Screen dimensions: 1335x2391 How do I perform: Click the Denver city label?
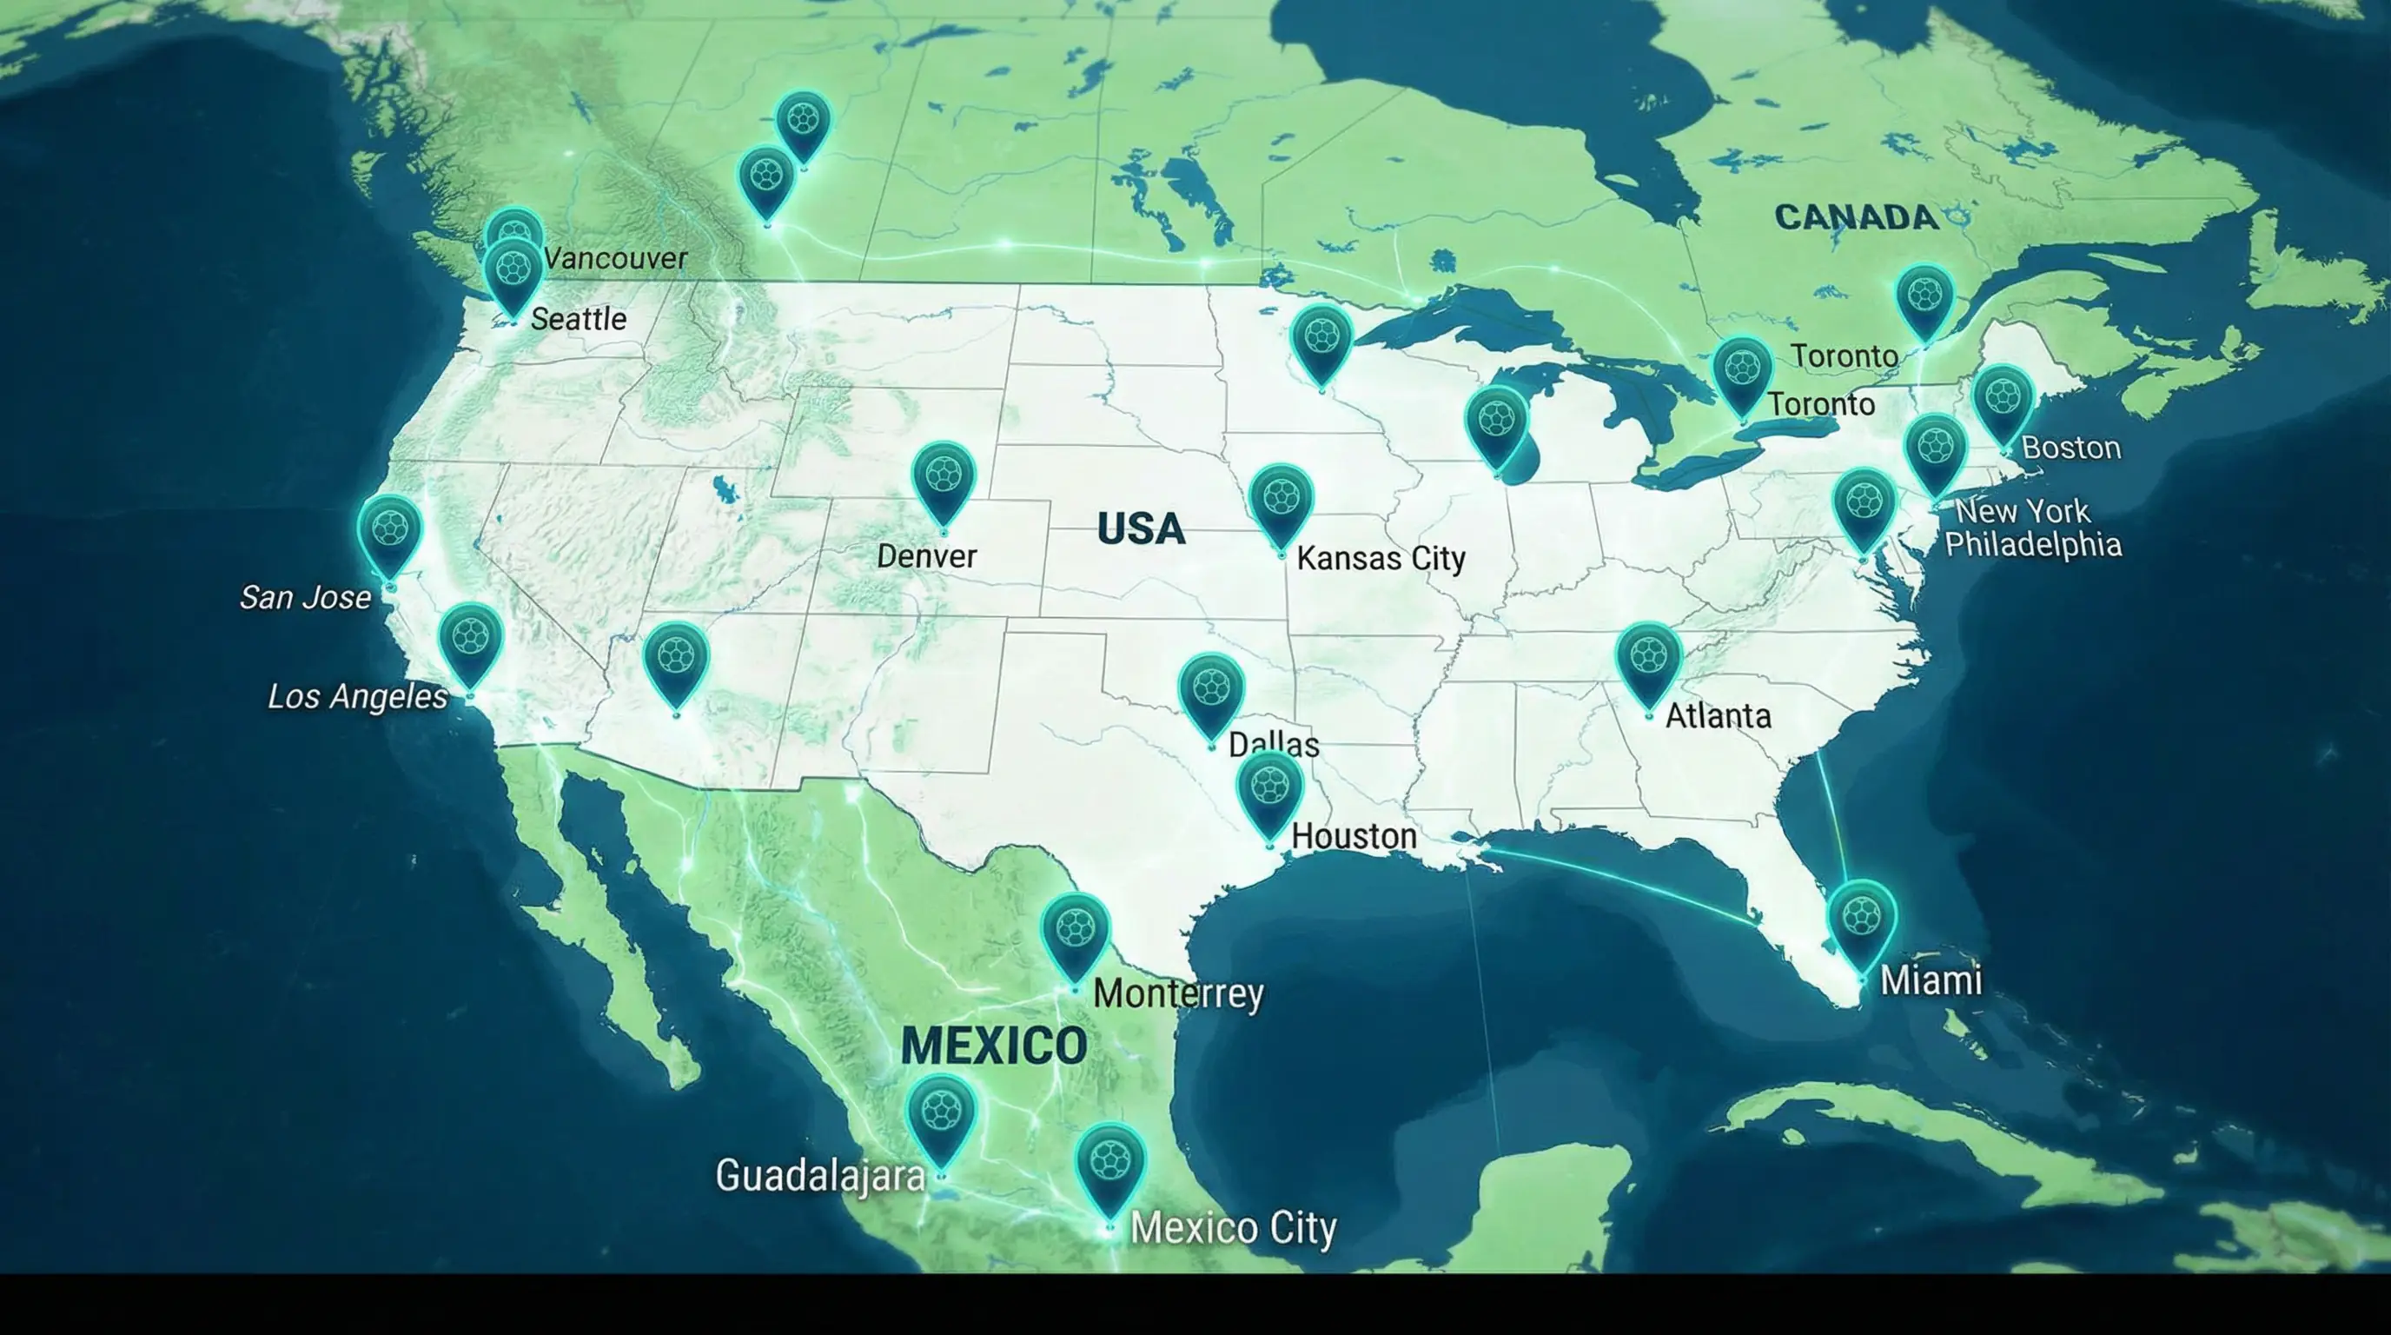click(926, 556)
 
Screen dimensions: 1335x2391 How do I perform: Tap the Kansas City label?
click(1381, 559)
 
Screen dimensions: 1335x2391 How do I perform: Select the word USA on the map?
click(1141, 529)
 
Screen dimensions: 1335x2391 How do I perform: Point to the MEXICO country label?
click(994, 1046)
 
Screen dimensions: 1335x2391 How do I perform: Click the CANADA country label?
click(1857, 217)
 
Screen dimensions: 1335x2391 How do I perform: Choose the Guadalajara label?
click(820, 1176)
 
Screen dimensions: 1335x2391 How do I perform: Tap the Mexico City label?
click(1234, 1228)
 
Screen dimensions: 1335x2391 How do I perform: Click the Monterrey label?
click(1179, 993)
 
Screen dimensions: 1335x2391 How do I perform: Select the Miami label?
click(1931, 980)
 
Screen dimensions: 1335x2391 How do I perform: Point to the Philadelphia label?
click(2033, 544)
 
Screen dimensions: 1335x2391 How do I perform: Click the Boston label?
click(2070, 448)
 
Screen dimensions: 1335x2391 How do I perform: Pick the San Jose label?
click(305, 597)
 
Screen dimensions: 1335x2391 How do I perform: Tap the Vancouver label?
click(616, 259)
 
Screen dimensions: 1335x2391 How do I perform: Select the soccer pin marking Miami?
click(1861, 919)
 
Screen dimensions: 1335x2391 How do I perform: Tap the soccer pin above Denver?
click(943, 478)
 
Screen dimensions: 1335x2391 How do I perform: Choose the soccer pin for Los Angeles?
click(471, 640)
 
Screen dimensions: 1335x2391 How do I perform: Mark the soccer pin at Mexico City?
click(1110, 1161)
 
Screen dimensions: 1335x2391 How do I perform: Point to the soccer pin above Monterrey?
click(1075, 931)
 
